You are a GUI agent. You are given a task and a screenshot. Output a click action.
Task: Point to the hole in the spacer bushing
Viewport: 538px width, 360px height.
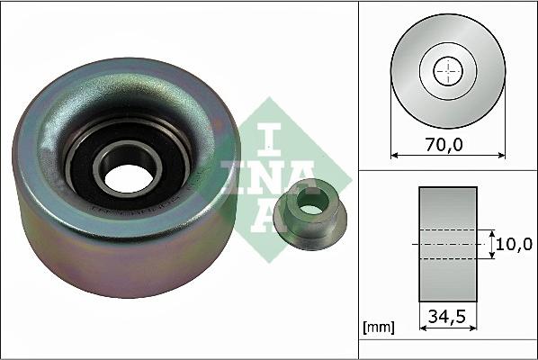[309, 209]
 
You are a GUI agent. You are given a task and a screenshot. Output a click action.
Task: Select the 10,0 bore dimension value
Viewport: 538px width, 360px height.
[516, 243]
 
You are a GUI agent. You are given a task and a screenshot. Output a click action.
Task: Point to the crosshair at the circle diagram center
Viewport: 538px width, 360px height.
[447, 72]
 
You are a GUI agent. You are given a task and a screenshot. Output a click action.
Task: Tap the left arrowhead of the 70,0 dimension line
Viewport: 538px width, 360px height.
[394, 155]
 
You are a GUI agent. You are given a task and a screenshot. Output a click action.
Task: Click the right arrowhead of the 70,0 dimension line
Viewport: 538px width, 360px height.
[501, 155]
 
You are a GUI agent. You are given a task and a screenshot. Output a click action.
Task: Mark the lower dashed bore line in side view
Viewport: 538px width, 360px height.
[447, 259]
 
